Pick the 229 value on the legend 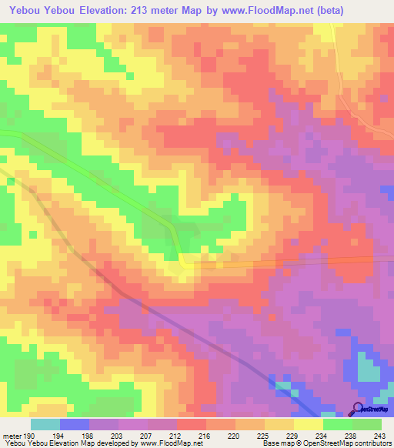pyautogui.click(x=290, y=436)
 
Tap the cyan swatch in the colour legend pyautogui.click(x=45, y=424)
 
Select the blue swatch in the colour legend pyautogui.click(x=75, y=424)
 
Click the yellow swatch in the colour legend pyautogui.click(x=309, y=424)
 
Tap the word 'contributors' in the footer pyautogui.click(x=370, y=444)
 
